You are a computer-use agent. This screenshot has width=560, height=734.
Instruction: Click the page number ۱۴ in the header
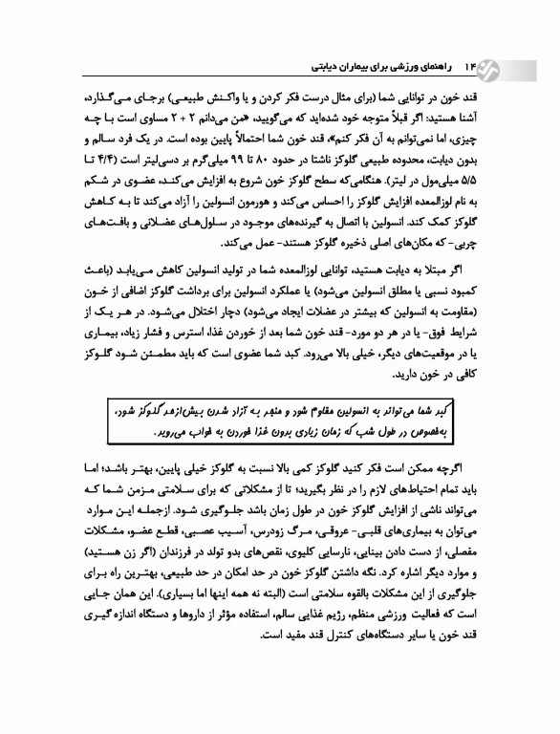coord(468,68)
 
